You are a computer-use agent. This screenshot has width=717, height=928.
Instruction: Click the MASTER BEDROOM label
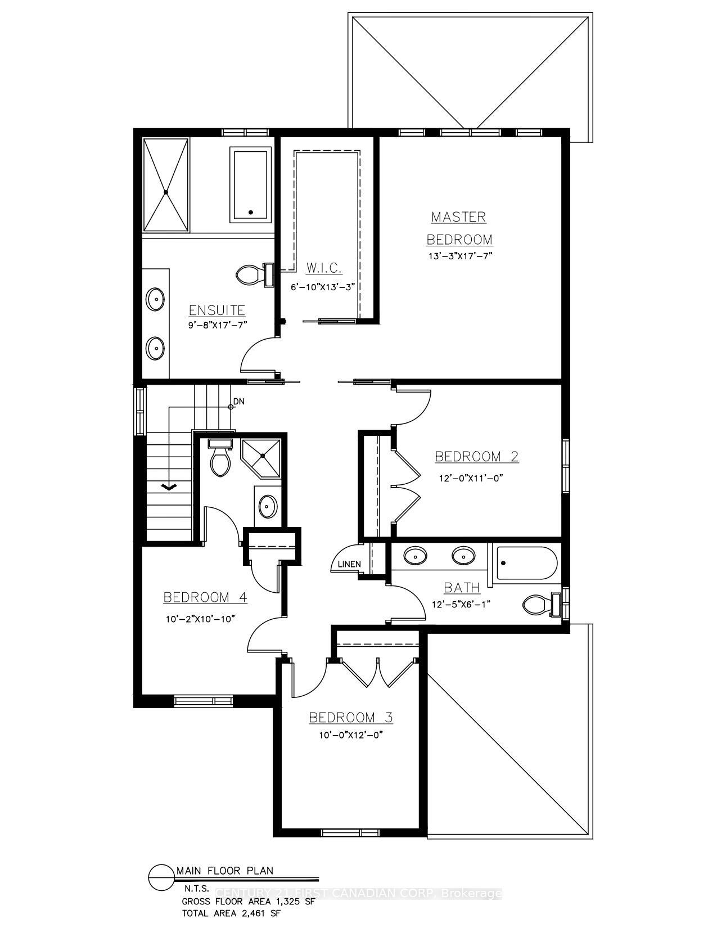coord(459,228)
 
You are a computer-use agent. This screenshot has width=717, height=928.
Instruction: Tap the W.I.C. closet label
coord(324,268)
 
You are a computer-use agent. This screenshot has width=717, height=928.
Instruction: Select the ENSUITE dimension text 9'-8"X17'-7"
coord(218,325)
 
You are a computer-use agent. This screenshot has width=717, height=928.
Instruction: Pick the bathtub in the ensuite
coord(251,185)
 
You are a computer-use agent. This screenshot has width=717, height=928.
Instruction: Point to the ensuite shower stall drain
coord(166,192)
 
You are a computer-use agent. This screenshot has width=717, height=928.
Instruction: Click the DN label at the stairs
coord(239,402)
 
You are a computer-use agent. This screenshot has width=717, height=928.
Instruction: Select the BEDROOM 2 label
coord(476,456)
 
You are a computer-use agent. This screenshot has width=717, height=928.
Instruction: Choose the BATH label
coord(462,588)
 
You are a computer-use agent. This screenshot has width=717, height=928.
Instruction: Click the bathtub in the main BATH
coord(526,563)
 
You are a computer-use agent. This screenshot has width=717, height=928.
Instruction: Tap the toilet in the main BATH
coord(539,605)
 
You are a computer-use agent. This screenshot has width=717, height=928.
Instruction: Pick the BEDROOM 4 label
coord(205,597)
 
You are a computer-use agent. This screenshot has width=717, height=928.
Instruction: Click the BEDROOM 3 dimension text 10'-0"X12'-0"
coord(350,735)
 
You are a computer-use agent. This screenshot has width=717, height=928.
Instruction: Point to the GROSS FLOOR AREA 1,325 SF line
coord(248,901)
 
